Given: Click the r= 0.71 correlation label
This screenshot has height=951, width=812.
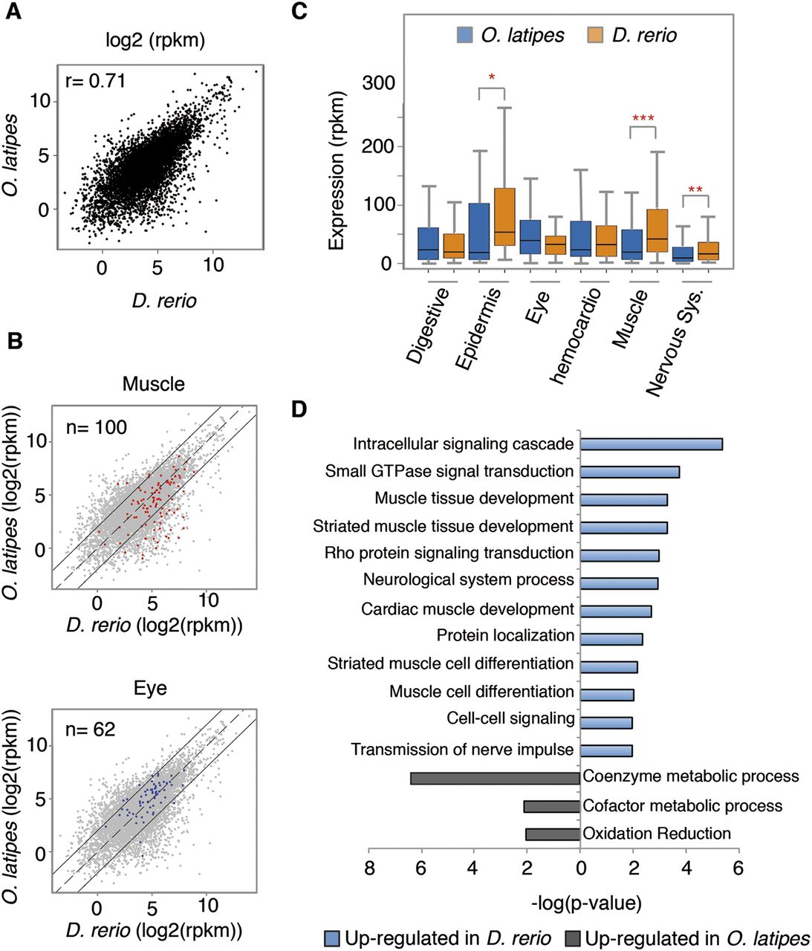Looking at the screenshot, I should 95,80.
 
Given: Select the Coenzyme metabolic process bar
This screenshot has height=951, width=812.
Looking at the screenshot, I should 495,778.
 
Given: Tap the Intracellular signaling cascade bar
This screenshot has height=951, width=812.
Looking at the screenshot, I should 651,444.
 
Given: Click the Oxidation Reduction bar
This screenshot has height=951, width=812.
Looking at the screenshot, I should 553,834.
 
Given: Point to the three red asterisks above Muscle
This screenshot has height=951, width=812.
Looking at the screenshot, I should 643,119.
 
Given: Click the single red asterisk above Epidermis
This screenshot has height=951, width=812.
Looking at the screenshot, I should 492,77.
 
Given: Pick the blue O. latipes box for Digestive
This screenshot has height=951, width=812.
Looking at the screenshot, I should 428,243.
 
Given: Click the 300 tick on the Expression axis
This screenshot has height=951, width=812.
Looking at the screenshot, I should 378,83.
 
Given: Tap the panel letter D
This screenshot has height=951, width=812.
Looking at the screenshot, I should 299,409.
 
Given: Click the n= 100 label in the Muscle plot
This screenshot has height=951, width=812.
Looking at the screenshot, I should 96,427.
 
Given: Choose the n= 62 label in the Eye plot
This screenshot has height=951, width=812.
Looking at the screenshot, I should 90,730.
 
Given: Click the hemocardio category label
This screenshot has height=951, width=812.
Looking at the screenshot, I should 575,335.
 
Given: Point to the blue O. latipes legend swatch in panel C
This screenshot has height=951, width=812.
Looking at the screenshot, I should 464,35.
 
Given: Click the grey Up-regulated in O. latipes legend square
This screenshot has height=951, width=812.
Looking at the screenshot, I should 574,938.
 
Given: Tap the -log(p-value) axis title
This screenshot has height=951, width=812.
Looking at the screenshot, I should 586,903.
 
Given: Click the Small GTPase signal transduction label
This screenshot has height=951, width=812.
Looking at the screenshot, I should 449,471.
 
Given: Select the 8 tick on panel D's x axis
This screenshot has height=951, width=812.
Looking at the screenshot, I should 369,868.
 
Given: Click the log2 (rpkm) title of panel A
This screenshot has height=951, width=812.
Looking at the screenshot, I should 155,40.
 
